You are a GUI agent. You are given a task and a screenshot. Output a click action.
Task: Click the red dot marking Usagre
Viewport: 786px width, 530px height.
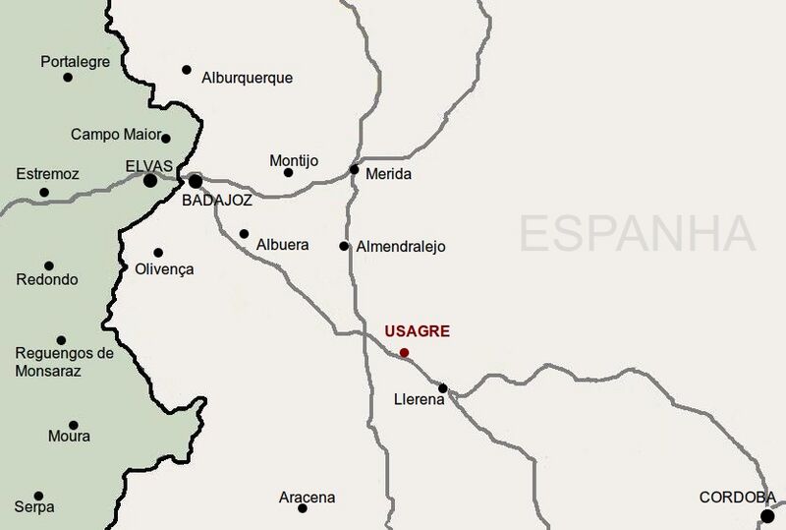(x=405, y=352)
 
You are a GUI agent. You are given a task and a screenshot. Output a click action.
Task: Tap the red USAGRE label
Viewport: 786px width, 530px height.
(x=419, y=331)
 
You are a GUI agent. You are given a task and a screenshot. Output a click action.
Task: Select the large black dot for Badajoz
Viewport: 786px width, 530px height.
(x=196, y=181)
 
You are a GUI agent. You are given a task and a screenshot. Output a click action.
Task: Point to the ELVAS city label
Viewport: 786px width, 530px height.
(x=149, y=164)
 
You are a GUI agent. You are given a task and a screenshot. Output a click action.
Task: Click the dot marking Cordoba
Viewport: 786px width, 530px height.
(x=767, y=515)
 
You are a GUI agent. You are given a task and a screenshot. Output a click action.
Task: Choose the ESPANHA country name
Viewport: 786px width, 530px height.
(x=637, y=234)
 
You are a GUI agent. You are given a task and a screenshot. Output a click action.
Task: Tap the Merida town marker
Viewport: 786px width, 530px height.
(x=354, y=169)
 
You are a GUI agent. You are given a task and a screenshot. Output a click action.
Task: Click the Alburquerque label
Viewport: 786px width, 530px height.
(x=247, y=78)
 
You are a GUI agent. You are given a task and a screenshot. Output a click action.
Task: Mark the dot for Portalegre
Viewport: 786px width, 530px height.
(x=68, y=77)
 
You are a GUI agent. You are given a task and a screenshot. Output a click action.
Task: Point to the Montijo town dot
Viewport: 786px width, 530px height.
(x=288, y=173)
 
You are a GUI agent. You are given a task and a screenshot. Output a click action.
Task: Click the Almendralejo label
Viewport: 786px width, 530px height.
(x=401, y=247)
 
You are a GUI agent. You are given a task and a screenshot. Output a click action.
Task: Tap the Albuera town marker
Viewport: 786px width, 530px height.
(x=244, y=233)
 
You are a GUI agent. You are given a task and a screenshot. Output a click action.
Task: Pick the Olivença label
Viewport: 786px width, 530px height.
(x=164, y=268)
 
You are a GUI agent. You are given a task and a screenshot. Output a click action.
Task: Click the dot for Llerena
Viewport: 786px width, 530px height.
(x=442, y=387)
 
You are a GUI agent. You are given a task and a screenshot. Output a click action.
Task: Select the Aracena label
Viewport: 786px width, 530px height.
(x=307, y=498)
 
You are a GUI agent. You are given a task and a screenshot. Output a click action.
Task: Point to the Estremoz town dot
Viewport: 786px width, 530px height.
(x=43, y=193)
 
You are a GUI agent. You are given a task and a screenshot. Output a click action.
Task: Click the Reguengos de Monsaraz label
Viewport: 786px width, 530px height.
(x=64, y=362)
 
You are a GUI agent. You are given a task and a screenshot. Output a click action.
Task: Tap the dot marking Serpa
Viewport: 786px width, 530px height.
(x=38, y=496)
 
